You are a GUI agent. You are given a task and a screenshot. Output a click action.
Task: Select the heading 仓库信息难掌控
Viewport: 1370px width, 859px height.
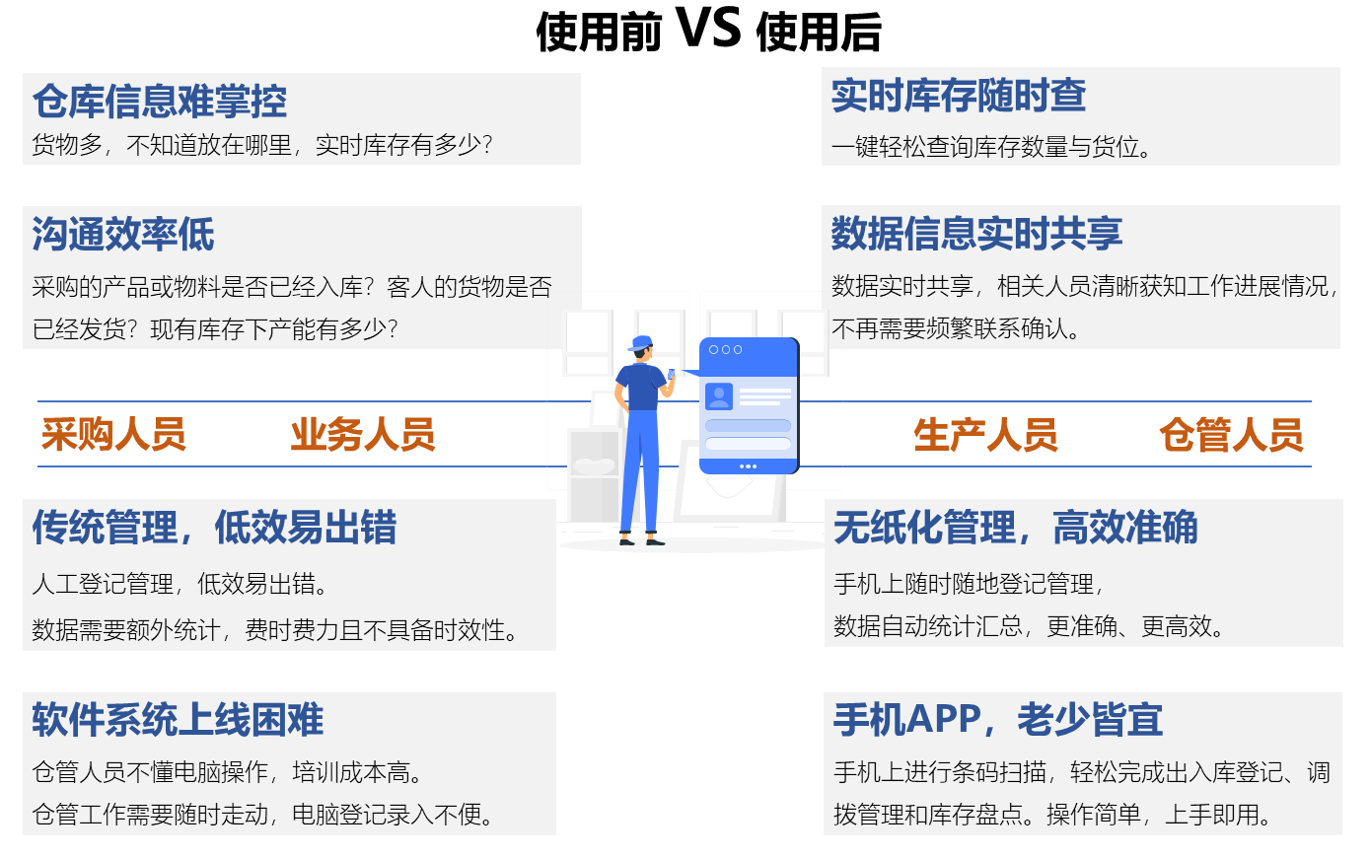160,101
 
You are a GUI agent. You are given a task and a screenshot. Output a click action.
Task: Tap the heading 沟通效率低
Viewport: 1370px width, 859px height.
123,234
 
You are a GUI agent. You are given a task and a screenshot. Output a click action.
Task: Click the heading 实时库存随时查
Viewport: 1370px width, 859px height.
959,96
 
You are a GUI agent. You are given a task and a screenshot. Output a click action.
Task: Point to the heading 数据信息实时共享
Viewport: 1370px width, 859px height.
976,234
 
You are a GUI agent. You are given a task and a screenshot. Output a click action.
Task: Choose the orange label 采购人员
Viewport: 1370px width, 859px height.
113,435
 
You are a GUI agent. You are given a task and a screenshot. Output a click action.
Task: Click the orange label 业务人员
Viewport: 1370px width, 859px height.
363,435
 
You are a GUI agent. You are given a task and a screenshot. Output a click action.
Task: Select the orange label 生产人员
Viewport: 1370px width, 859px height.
986,435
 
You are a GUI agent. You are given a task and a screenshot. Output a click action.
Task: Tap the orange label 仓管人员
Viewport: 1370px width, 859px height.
1231,435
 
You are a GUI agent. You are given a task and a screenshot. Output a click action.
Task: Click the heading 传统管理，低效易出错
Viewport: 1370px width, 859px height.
214,527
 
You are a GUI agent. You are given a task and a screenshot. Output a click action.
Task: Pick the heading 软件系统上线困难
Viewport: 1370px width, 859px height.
178,720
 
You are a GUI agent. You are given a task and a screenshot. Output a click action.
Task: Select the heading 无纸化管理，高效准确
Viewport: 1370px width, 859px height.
1015,527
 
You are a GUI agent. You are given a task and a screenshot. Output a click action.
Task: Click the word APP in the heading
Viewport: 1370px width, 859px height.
944,719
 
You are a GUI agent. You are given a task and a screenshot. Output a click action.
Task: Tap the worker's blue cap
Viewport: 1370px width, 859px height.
641,342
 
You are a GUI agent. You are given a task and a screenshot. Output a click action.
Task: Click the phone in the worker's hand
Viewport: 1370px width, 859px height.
671,374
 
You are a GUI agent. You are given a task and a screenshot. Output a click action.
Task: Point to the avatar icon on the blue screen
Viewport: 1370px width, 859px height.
719,396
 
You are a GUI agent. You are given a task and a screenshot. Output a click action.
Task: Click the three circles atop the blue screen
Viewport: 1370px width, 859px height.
725,350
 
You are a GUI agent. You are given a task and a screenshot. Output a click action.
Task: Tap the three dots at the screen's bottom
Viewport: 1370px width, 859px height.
748,466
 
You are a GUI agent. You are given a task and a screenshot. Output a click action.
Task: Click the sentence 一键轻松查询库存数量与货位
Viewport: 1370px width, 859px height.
991,147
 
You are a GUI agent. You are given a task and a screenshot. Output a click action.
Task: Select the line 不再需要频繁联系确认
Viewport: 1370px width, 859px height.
956,329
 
